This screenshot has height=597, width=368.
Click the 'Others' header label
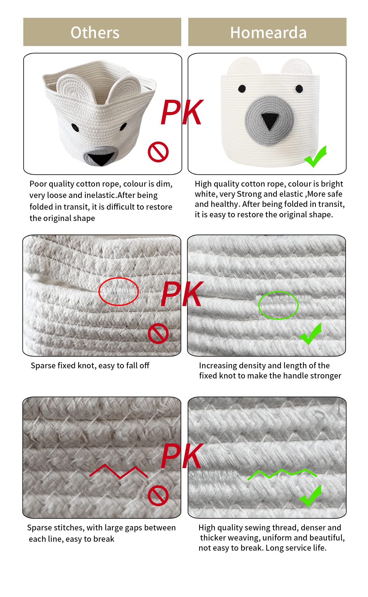(95, 33)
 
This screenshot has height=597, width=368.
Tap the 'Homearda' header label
(268, 33)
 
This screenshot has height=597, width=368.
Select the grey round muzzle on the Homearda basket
(269, 120)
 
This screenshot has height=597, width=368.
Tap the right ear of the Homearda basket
(297, 66)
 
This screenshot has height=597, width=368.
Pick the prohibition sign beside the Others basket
(158, 152)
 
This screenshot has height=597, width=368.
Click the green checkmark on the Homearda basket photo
(315, 157)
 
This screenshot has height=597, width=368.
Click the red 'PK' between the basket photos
(182, 112)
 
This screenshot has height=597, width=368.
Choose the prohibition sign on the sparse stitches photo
(158, 496)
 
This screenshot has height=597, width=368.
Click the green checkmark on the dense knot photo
(311, 334)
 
